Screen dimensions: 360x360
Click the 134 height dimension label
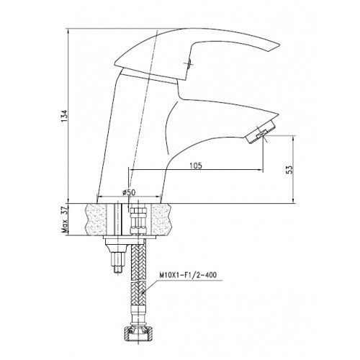[65, 116]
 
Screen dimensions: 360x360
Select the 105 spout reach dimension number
[196, 166]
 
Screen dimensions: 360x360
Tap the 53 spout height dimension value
[290, 169]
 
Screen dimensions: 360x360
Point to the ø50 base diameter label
[129, 192]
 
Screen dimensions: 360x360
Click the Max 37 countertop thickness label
[65, 220]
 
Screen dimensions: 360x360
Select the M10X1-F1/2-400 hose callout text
[187, 275]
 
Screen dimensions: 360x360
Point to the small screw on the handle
[189, 63]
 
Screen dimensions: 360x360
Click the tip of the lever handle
[279, 45]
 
